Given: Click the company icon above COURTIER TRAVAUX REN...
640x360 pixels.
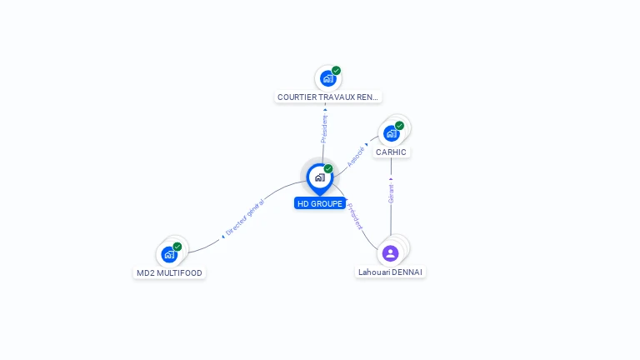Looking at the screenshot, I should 327,78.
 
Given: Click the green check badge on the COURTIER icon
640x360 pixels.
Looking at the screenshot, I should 336,71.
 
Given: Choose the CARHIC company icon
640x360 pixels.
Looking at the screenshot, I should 391,133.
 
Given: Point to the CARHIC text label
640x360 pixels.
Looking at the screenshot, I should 391,152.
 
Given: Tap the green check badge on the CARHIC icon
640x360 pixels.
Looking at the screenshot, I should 399,126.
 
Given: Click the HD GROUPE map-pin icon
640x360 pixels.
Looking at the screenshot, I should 319,177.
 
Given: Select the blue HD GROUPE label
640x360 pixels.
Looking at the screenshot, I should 320,203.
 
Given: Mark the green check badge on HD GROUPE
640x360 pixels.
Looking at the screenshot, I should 328,169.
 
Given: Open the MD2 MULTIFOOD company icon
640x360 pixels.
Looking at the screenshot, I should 169,254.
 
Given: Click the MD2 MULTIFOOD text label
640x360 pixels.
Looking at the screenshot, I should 169,273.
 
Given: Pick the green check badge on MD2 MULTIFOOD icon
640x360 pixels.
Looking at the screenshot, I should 177,247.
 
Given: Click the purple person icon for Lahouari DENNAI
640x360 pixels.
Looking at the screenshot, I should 390,253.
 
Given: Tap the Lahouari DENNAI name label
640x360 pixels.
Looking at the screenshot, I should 390,272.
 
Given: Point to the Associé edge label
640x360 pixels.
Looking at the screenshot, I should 356,154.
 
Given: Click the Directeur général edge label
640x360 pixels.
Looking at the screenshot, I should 245,217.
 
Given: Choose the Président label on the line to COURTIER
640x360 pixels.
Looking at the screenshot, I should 324,127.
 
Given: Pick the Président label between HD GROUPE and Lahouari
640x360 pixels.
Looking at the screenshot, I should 356,216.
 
